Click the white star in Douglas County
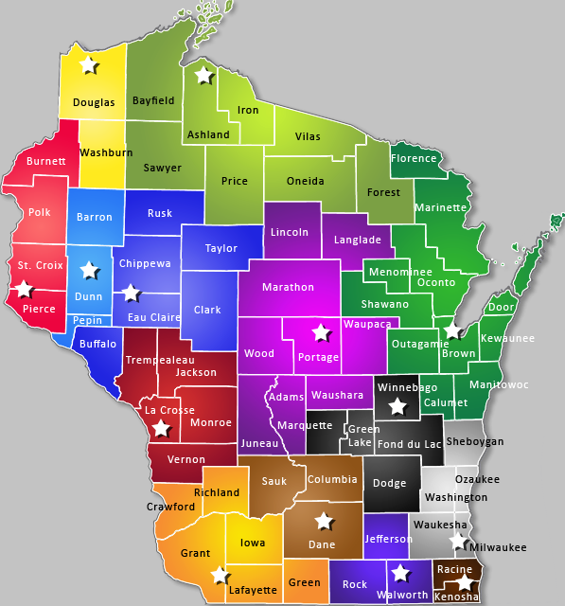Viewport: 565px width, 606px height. point(88,64)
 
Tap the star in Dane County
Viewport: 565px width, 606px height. point(324,521)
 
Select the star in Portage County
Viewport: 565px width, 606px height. point(322,332)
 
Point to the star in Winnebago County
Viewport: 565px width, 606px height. point(398,405)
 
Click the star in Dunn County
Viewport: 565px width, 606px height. point(89,271)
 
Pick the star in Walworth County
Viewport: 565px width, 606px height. point(400,572)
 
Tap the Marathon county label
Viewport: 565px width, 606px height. point(288,287)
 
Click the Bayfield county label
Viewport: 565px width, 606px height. point(154,99)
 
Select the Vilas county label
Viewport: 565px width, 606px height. point(308,136)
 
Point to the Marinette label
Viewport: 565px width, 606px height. point(440,207)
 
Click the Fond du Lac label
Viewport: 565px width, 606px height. point(409,444)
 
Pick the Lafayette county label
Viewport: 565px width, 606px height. point(253,590)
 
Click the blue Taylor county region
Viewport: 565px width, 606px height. point(221,249)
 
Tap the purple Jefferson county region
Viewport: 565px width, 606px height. point(388,539)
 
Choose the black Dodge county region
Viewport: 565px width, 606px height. point(389,483)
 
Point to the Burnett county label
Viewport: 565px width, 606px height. point(46,161)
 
